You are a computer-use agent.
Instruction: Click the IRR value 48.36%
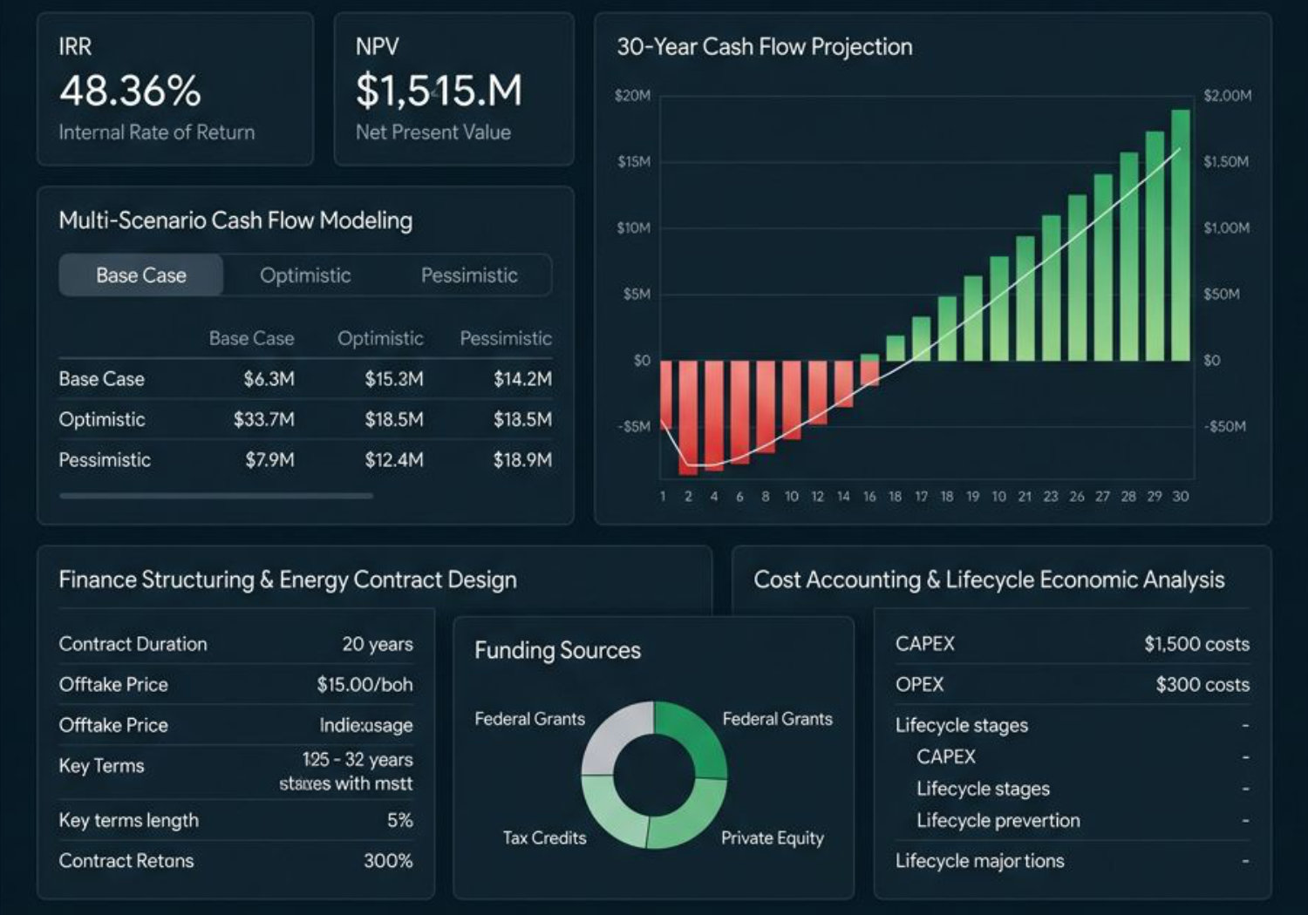130,91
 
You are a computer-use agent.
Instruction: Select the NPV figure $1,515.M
439,91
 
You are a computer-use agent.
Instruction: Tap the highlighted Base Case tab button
141,275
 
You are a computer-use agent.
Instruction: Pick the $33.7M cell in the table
263,420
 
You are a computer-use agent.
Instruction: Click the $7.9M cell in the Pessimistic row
269,460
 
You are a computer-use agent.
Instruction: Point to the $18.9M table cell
521,460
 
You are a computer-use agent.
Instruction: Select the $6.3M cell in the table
269,379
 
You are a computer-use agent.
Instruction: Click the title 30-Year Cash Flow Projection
764,47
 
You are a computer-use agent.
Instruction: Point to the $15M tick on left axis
634,162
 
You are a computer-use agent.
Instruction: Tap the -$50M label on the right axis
1224,427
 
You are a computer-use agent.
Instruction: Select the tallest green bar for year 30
1180,235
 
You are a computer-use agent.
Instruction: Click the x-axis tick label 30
1180,497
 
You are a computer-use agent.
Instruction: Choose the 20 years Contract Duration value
377,644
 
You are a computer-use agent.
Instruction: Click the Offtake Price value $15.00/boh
364,685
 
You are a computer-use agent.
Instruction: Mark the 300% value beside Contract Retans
388,861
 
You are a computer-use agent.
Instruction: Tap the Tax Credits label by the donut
544,838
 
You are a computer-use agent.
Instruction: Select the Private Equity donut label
772,838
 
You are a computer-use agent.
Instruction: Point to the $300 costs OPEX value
1202,685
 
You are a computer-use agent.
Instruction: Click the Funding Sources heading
557,651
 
